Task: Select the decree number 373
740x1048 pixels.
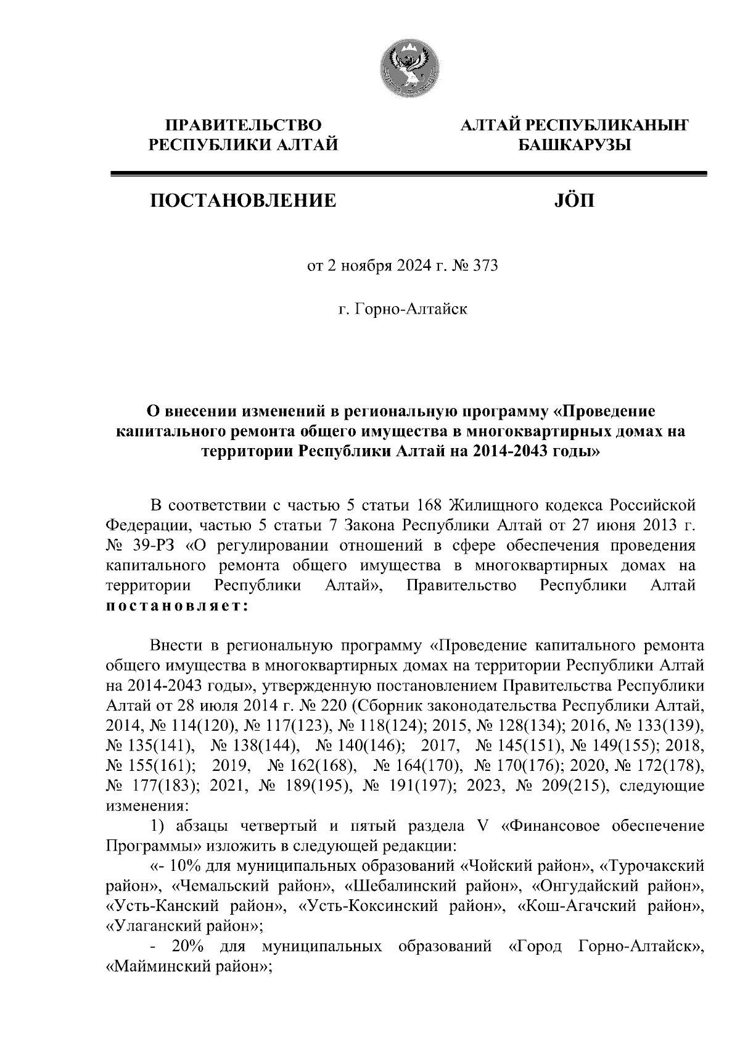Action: [x=484, y=266]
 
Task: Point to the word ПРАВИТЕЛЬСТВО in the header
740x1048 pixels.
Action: [x=244, y=126]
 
